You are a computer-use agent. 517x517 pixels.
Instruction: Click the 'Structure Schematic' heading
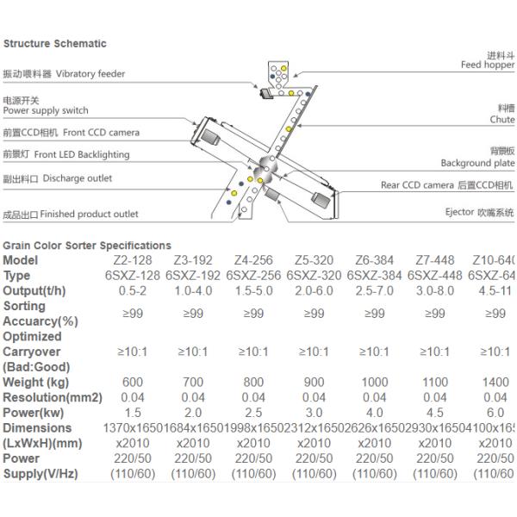(x=55, y=43)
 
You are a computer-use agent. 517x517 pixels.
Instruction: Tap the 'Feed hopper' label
(x=487, y=65)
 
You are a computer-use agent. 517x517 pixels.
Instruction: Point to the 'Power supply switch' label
(x=46, y=110)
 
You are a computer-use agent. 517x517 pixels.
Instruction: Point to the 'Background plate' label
(x=477, y=163)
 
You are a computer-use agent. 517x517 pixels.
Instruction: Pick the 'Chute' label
(x=502, y=120)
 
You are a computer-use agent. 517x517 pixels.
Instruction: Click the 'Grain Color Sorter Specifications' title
(x=87, y=246)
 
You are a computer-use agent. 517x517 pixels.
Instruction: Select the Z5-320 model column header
(x=314, y=260)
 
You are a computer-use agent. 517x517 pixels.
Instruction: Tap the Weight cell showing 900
(x=314, y=383)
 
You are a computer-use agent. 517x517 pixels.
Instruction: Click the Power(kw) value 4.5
(x=435, y=413)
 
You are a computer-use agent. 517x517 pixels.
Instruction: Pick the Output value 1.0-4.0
(x=193, y=290)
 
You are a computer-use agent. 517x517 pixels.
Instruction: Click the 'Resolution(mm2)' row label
(x=53, y=397)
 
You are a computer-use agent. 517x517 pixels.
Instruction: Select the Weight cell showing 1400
(x=495, y=383)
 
